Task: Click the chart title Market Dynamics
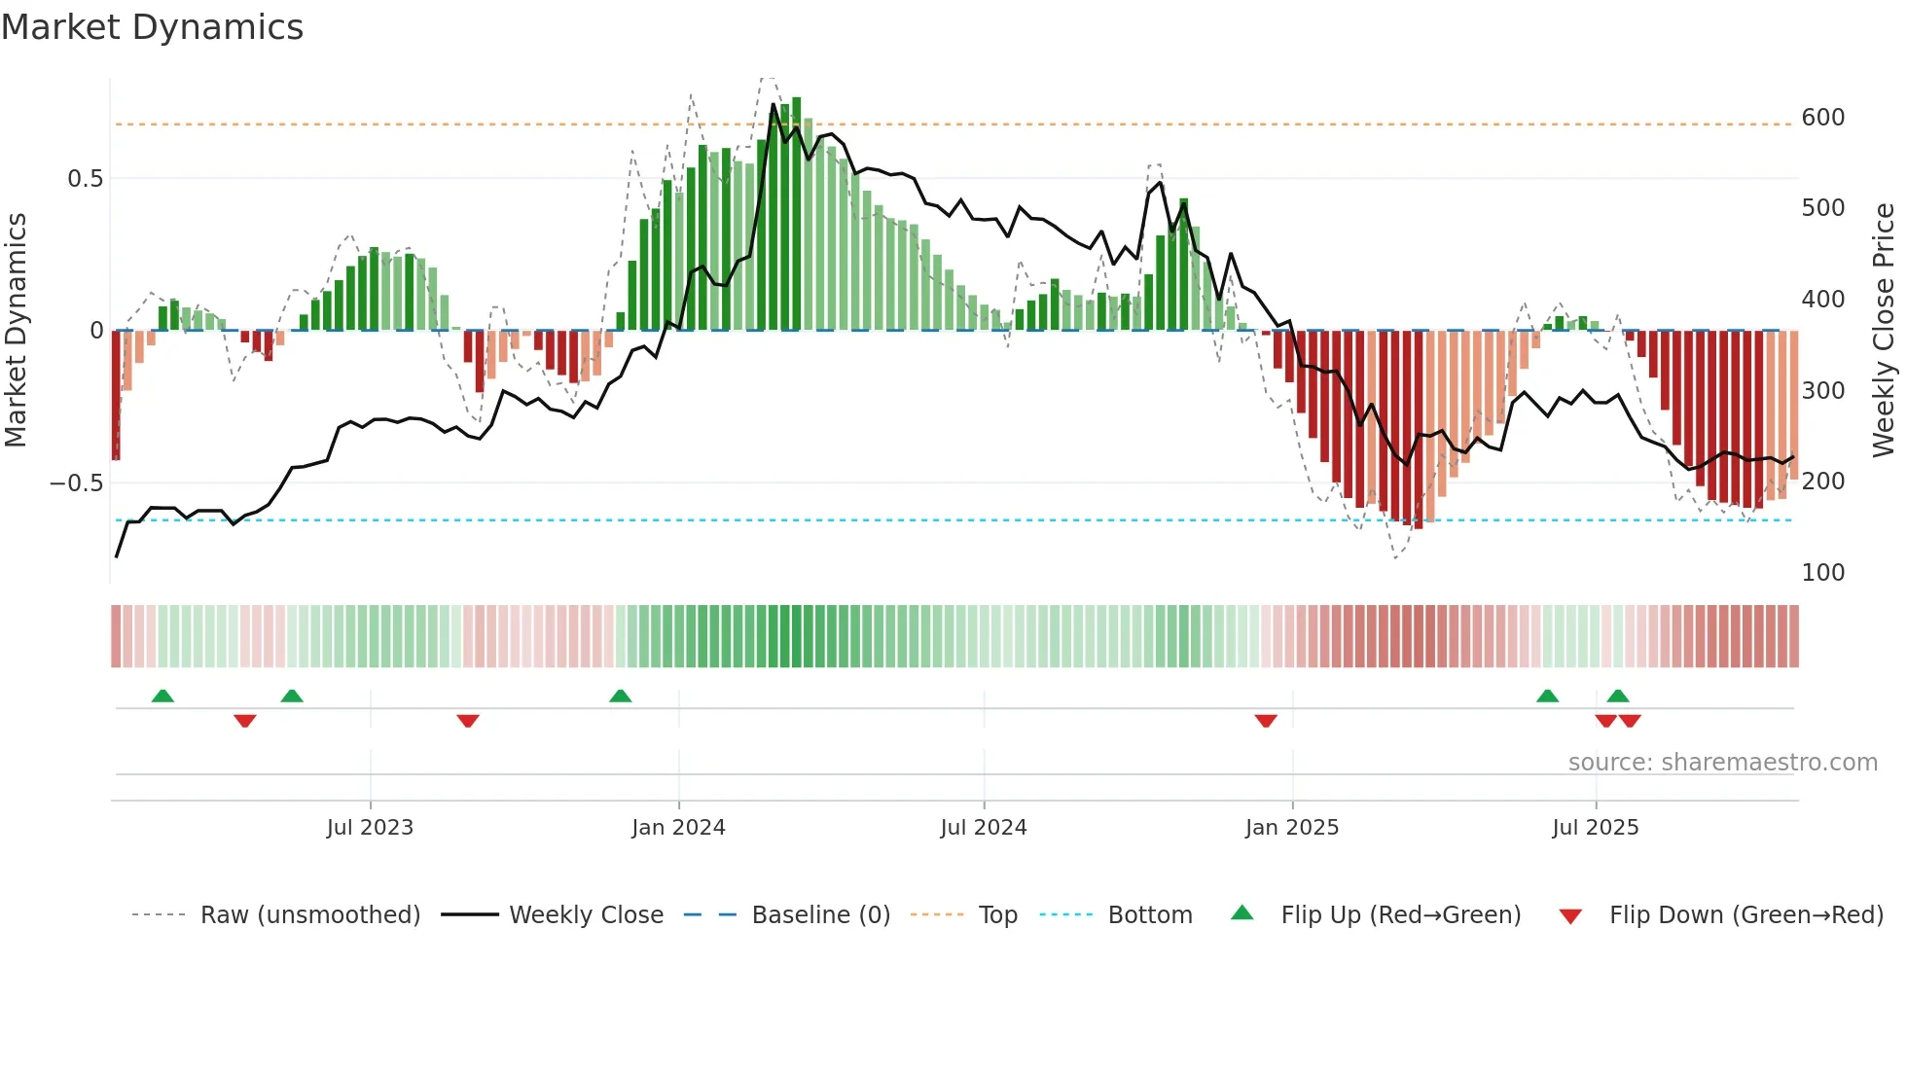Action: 152,27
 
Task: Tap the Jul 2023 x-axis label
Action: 370,828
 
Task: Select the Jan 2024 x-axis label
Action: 678,828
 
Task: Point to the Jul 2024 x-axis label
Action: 983,828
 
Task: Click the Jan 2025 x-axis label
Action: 1291,828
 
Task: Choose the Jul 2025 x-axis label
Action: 1595,828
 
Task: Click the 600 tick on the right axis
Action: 1822,118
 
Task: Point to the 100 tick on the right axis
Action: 1822,573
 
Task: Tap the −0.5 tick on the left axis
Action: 76,483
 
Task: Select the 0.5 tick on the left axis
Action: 85,179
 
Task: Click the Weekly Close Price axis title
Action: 1884,331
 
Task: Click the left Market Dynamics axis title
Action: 16,331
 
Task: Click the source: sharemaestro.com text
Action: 1722,763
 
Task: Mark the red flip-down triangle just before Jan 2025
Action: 1265,721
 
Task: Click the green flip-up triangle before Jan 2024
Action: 620,696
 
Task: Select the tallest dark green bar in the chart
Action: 796,214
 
